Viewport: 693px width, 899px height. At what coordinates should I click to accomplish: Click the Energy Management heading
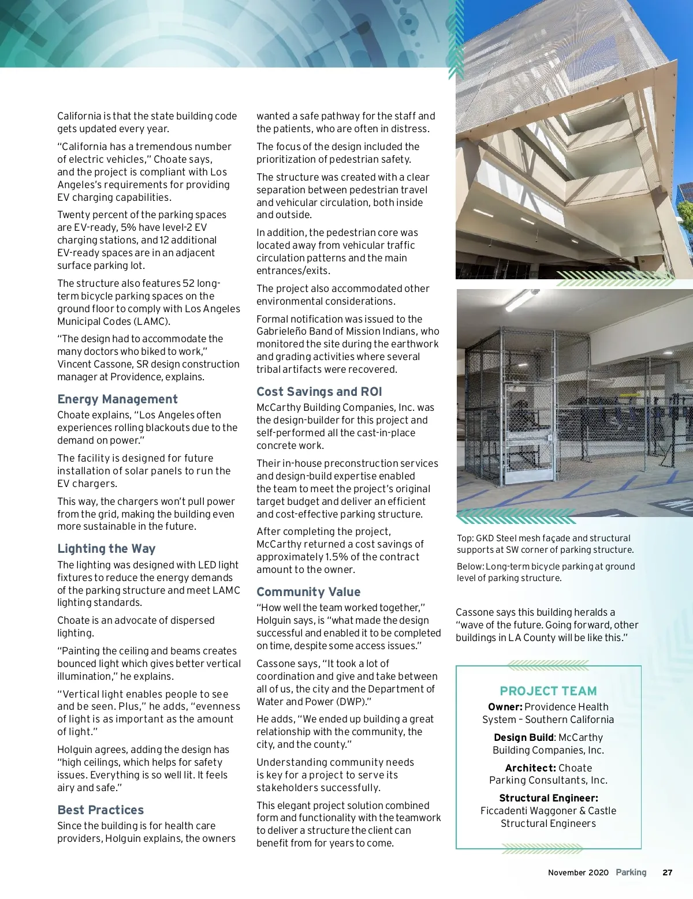(117, 399)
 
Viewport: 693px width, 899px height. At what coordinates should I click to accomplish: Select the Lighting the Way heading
(106, 549)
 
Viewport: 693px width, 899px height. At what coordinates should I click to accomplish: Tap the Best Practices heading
(100, 810)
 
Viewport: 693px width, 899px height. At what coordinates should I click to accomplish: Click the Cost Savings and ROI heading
(319, 392)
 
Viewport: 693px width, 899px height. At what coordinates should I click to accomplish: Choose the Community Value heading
(308, 592)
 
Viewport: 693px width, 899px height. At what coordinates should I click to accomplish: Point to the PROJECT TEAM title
(548, 691)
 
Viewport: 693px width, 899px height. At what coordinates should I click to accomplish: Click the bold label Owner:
(505, 707)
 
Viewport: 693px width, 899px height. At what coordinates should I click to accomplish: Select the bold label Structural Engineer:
(548, 798)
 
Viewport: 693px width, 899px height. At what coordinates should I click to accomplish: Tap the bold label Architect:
(530, 768)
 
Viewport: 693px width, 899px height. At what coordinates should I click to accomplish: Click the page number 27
(668, 872)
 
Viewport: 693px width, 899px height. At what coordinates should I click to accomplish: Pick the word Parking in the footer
(631, 872)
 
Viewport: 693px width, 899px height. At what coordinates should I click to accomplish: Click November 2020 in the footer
(578, 872)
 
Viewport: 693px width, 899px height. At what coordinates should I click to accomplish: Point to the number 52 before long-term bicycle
(189, 283)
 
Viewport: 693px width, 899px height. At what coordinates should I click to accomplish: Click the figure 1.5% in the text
(337, 557)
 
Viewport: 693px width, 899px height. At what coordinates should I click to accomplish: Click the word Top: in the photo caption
(465, 538)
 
